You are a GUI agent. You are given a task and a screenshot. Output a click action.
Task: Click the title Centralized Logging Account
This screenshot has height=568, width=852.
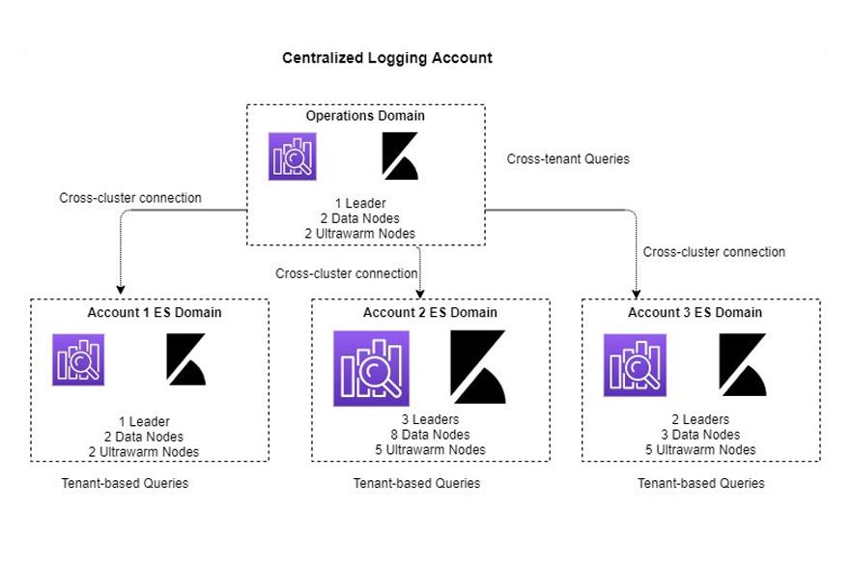tap(386, 58)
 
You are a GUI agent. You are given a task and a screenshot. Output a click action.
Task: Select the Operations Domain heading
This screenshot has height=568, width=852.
tap(365, 116)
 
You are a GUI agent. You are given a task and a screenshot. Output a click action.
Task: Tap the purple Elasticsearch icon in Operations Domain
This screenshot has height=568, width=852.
tap(293, 156)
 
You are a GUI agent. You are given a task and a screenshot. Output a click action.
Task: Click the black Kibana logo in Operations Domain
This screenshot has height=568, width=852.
tap(399, 156)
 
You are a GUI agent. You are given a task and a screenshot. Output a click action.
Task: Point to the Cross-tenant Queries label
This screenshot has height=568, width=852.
tap(568, 158)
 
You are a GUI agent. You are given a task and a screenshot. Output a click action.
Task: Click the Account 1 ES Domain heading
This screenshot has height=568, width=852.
tap(154, 312)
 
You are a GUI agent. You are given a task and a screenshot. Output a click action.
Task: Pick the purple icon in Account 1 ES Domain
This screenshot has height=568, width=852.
tap(78, 359)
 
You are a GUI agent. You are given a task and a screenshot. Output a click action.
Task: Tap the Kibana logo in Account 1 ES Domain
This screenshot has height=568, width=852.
tap(185, 359)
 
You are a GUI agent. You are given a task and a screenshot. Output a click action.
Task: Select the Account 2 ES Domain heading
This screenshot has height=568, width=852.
tap(430, 312)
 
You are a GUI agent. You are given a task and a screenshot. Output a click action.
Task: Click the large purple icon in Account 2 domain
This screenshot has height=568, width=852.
tap(371, 368)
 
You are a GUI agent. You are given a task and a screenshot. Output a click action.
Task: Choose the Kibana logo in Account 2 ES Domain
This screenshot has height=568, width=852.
tap(477, 367)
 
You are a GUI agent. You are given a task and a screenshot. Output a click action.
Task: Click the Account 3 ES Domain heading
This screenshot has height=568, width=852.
tap(695, 312)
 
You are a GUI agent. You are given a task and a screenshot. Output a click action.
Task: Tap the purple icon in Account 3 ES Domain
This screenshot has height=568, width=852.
tap(635, 365)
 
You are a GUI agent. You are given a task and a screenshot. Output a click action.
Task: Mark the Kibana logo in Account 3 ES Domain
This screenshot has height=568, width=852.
tap(742, 365)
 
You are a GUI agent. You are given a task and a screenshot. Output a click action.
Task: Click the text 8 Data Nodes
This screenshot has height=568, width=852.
tap(430, 435)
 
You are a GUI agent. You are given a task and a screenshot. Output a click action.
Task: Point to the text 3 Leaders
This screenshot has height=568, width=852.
tap(430, 420)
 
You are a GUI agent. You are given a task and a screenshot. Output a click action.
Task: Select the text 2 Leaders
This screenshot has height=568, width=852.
tap(700, 420)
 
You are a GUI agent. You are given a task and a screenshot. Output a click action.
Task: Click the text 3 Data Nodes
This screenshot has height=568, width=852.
tap(700, 435)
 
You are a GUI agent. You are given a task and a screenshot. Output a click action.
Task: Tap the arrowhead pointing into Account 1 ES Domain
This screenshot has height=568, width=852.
tap(120, 288)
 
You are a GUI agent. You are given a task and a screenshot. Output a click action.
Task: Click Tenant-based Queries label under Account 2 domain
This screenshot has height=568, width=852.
tap(416, 483)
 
